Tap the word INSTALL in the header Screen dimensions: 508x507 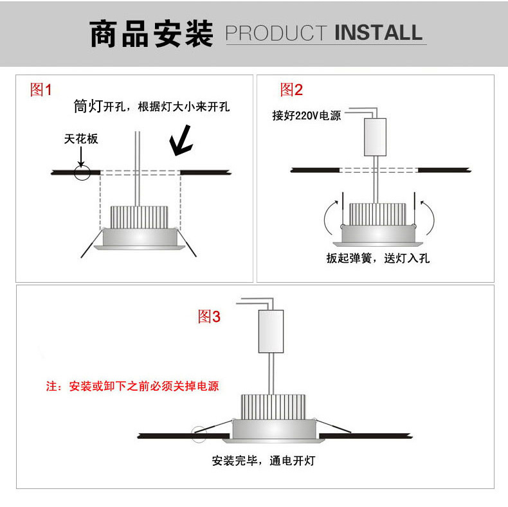coord(379,33)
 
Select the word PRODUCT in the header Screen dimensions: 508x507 coord(277,33)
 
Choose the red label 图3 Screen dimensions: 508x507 coord(209,316)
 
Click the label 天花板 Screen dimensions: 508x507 coord(81,139)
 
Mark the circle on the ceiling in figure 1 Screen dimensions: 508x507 coord(82,172)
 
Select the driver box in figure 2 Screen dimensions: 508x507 coord(375,137)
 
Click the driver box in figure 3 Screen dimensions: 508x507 coord(271,330)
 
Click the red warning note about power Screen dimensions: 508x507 coord(132,386)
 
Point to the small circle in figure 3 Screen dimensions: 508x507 coord(199,434)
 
